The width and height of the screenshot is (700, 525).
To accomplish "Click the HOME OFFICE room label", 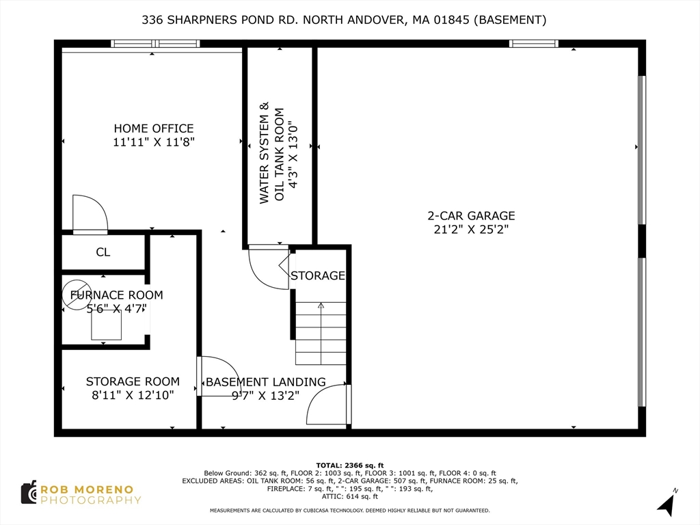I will (x=153, y=129).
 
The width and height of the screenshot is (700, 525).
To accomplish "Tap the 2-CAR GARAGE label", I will (x=471, y=216).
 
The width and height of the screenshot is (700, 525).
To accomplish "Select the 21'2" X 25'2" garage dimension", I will (x=471, y=230).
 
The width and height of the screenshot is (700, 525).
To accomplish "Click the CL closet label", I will (x=103, y=252).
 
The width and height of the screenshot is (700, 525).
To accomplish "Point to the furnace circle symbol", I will (x=77, y=295).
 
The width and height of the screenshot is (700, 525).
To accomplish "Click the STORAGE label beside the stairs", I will (x=317, y=275).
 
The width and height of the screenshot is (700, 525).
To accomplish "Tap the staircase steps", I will (x=321, y=333).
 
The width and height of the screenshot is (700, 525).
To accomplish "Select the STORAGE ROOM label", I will (x=133, y=381).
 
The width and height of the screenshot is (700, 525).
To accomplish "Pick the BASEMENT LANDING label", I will (x=265, y=382).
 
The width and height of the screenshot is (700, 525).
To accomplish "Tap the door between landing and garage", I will (x=328, y=405).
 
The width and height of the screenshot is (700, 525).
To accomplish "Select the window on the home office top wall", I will (x=155, y=44).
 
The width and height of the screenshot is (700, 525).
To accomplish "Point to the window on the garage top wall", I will (x=533, y=44).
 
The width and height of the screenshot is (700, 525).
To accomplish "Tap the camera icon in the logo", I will (x=29, y=492).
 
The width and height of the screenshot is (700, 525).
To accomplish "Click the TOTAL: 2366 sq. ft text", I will (x=349, y=465).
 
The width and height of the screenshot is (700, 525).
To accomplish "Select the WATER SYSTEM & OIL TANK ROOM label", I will (x=271, y=153).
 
